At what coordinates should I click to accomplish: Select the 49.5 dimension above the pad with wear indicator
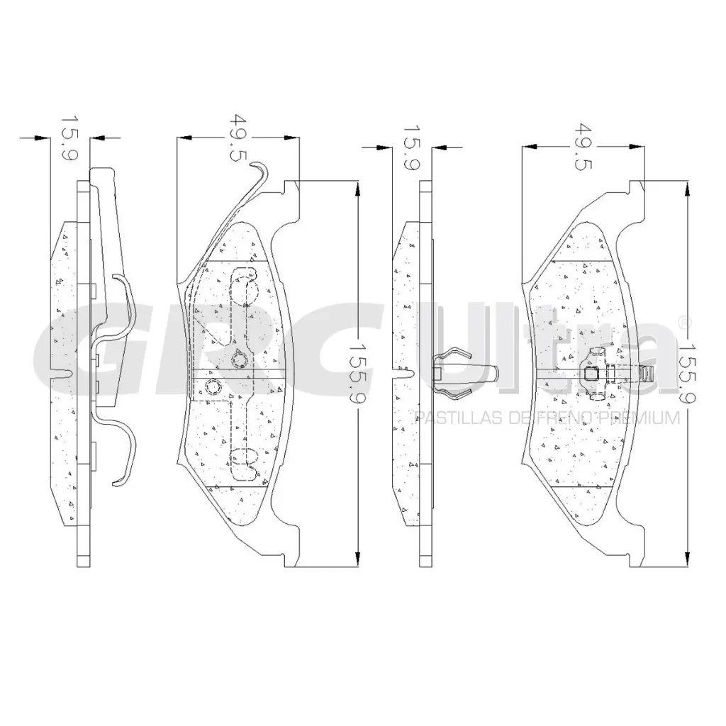tap(238, 138)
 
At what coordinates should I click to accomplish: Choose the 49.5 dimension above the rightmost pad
tap(583, 147)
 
